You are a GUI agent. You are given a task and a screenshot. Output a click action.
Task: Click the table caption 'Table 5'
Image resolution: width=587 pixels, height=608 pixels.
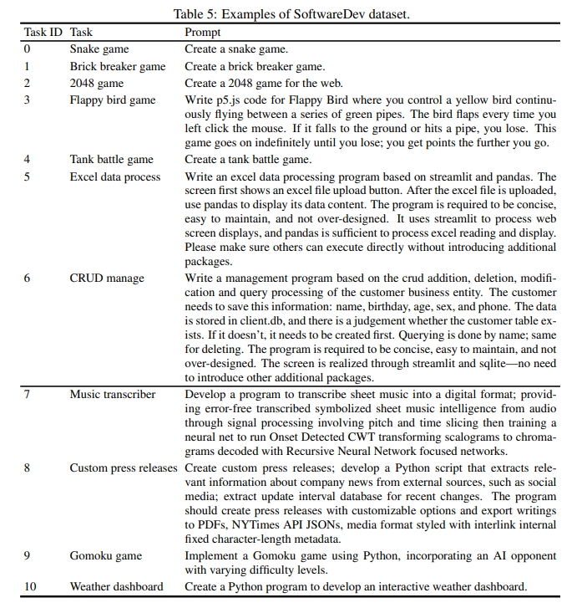[x=293, y=14]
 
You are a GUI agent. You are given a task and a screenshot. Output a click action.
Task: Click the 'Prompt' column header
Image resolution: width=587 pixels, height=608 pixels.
[x=203, y=33]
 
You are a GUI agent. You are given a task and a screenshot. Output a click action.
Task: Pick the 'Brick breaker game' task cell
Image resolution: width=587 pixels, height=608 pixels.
[x=118, y=67]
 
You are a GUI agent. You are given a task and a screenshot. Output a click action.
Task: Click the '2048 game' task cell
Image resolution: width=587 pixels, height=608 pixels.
[x=97, y=84]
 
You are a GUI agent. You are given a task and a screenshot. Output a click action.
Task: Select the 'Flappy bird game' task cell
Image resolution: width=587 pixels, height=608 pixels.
[x=113, y=100]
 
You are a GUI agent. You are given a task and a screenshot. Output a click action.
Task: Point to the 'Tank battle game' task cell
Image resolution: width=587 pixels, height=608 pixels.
[x=112, y=160]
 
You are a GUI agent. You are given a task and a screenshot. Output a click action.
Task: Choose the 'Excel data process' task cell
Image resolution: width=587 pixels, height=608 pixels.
[x=115, y=177]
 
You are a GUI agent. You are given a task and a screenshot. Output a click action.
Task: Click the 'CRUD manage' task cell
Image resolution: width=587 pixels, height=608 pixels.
[x=107, y=278]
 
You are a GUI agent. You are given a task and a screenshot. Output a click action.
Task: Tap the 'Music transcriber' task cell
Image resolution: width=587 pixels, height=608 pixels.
[x=113, y=395]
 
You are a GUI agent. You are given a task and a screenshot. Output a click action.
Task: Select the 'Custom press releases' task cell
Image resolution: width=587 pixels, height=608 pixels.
[x=124, y=467]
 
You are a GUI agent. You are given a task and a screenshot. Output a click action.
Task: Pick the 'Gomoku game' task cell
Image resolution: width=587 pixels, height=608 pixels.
[x=106, y=555]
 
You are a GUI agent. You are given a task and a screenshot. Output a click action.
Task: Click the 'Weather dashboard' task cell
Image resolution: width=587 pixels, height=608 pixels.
[x=116, y=586]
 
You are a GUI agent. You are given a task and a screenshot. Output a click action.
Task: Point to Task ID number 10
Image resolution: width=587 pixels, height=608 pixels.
[x=30, y=586]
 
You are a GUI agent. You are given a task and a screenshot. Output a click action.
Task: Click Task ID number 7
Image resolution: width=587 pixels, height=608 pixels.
[x=28, y=395]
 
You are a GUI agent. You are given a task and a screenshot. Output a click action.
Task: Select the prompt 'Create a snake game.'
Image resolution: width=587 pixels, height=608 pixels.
[x=235, y=49]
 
